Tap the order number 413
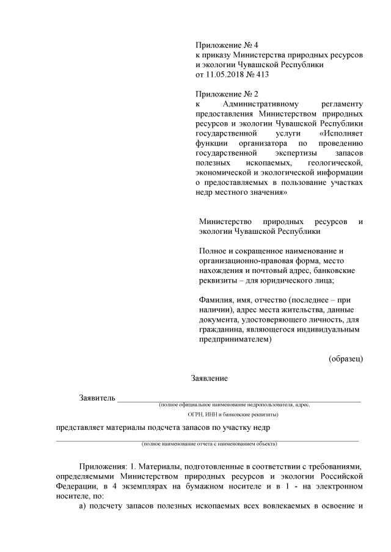(260, 74)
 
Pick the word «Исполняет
(341, 133)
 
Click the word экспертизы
(289, 153)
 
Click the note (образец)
(346, 358)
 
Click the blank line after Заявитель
(238, 401)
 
